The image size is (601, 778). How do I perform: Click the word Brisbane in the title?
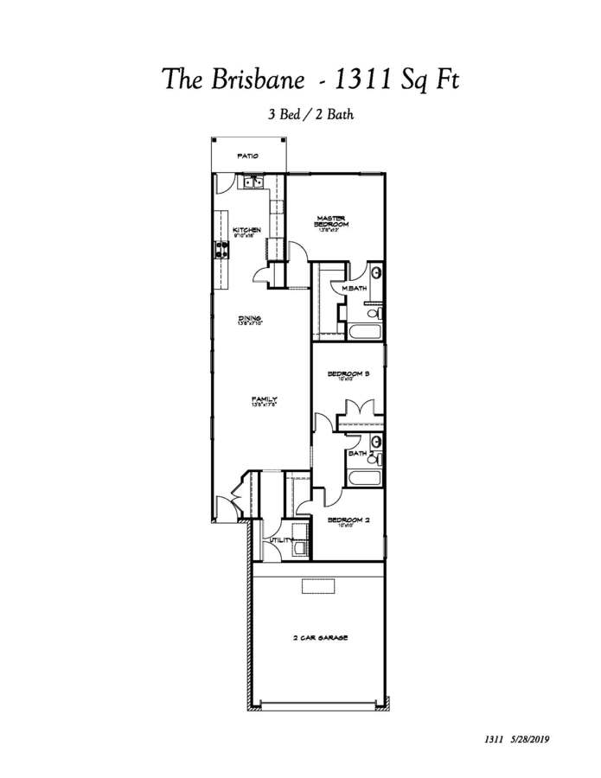pyautogui.click(x=257, y=80)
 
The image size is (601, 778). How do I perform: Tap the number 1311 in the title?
pyautogui.click(x=361, y=80)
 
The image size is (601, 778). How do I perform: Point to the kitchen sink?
pyautogui.click(x=253, y=182)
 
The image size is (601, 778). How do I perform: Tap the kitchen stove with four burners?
pyautogui.click(x=221, y=250)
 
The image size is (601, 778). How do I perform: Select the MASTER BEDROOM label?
pyautogui.click(x=331, y=222)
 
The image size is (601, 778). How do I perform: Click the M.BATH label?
pyautogui.click(x=355, y=288)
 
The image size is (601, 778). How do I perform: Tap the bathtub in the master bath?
pyautogui.click(x=361, y=332)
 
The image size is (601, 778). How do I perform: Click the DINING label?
pyautogui.click(x=250, y=319)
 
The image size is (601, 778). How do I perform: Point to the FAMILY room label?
pyautogui.click(x=264, y=399)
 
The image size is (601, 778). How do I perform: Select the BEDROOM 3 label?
pyautogui.click(x=348, y=374)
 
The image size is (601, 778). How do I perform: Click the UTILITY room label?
pyautogui.click(x=282, y=540)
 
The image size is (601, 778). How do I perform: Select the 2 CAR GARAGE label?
pyautogui.click(x=319, y=638)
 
